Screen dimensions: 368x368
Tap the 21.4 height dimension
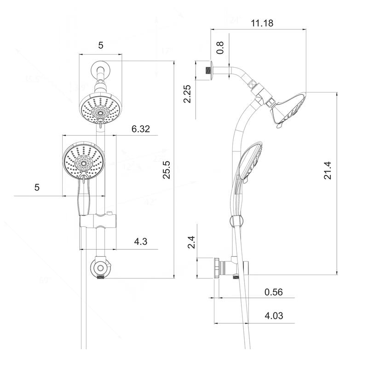[327, 170]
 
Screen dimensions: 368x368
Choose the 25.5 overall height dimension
[167, 169]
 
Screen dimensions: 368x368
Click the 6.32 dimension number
[141, 129]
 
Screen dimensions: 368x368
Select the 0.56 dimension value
[274, 292]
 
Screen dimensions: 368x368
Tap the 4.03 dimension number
[274, 316]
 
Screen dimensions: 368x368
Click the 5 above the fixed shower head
[101, 45]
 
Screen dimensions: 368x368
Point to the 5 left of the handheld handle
[37, 188]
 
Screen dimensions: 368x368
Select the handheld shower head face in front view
[83, 161]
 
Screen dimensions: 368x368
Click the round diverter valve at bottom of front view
[100, 269]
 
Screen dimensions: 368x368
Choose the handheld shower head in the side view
[248, 161]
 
